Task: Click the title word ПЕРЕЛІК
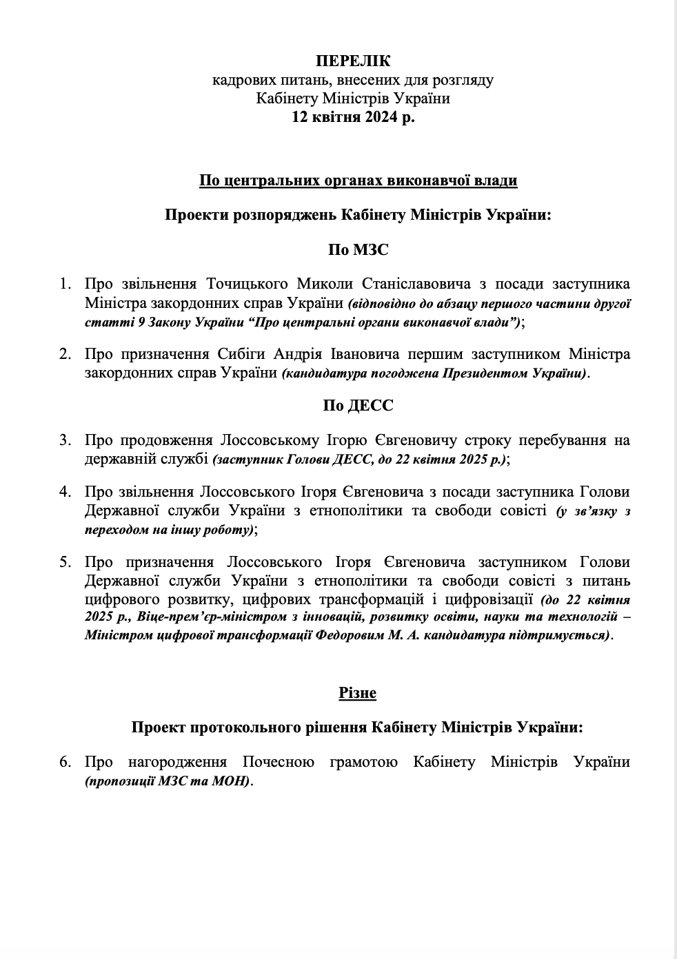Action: pos(352,62)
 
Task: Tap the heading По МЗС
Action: pos(357,249)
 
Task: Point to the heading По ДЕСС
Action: pos(358,405)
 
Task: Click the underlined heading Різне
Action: pos(357,692)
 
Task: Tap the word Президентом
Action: pos(491,373)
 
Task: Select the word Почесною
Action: pos(279,762)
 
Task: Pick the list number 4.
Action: pos(65,492)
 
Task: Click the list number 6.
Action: pos(65,762)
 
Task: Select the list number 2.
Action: pos(65,355)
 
